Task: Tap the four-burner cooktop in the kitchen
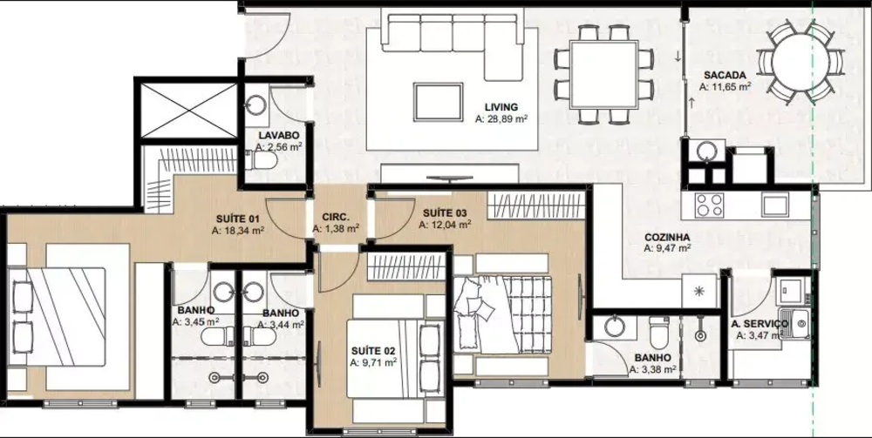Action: (x=710, y=205)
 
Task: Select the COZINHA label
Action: (x=668, y=236)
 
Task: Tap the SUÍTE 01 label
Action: (x=238, y=219)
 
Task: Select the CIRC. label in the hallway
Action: (x=336, y=217)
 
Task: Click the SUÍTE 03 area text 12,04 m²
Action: (x=448, y=224)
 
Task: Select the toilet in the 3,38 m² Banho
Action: (x=660, y=330)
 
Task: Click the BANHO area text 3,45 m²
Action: (x=194, y=322)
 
